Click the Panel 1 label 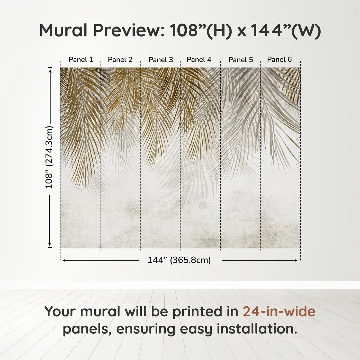pos(81,60)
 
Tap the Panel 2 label pos(120,60)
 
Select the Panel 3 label pos(161,60)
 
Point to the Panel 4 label pos(199,60)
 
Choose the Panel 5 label pos(241,60)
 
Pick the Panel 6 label pos(279,60)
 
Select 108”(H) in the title pos(201,30)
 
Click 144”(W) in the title pos(285,30)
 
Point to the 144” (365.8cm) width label pos(179,260)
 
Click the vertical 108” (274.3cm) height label pos(49,157)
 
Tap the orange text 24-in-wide pos(279,312)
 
